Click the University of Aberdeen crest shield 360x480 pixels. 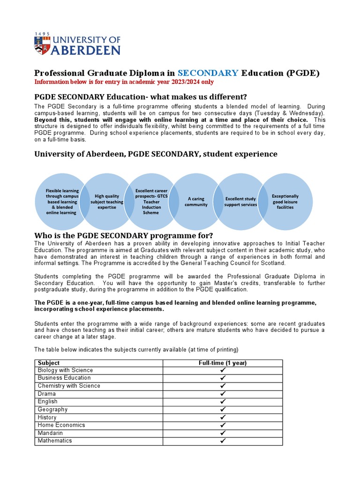pos(41,45)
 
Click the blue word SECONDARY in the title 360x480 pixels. pos(208,73)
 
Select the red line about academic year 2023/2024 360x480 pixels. pos(124,82)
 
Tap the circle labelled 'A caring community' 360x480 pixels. pos(196,202)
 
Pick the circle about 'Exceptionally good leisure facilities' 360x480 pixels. pos(285,202)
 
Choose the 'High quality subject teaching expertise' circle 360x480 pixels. pos(106,202)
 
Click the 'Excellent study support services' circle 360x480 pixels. pos(240,202)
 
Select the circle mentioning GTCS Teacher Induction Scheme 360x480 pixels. pos(151,202)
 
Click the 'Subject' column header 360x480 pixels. pos(49,363)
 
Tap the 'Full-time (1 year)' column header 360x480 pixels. pos(223,363)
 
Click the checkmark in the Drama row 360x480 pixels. pos(223,394)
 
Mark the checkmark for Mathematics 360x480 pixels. pos(223,441)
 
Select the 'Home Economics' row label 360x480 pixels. pos(61,425)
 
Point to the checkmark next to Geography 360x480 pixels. pos(223,410)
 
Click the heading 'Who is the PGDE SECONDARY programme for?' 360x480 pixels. pos(124,235)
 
